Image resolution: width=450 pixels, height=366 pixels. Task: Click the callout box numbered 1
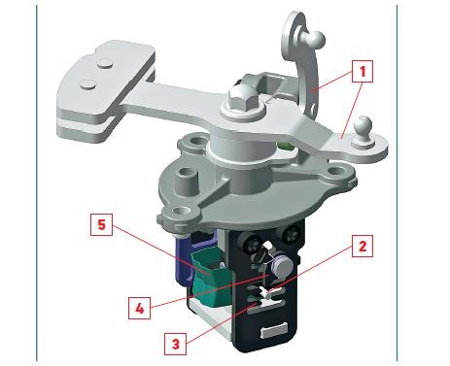coord(363,71)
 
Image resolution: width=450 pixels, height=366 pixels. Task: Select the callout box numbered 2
coord(363,247)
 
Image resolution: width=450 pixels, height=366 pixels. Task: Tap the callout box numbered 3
coord(175,344)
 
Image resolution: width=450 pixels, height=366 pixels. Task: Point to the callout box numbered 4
coord(139,308)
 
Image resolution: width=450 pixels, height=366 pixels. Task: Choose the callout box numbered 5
coord(101,224)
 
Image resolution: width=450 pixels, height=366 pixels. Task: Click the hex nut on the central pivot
coord(243,98)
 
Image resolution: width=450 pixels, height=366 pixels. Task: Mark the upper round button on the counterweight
coord(106,64)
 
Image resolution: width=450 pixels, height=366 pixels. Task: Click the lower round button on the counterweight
coord(88,84)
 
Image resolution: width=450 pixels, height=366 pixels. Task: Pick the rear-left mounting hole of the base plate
coord(195,142)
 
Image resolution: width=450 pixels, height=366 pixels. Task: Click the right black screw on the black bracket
coord(291,234)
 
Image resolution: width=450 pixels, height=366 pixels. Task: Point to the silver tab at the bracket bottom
coord(274,330)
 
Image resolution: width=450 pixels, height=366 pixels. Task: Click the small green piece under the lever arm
coord(285,147)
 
